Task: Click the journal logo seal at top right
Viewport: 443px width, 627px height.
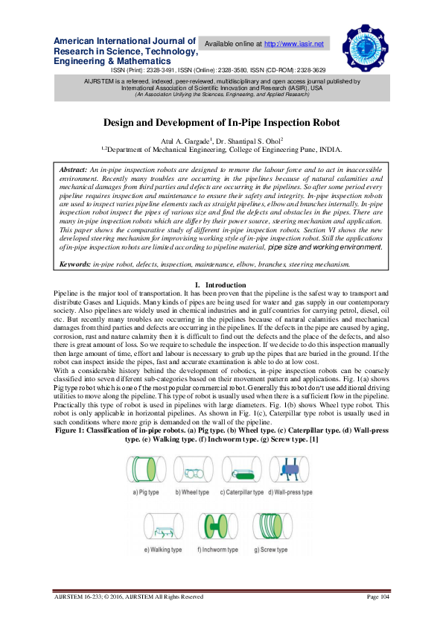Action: click(x=366, y=46)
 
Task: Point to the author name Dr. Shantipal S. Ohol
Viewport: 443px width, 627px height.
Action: click(x=248, y=139)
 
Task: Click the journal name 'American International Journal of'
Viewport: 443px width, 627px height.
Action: click(x=124, y=41)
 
